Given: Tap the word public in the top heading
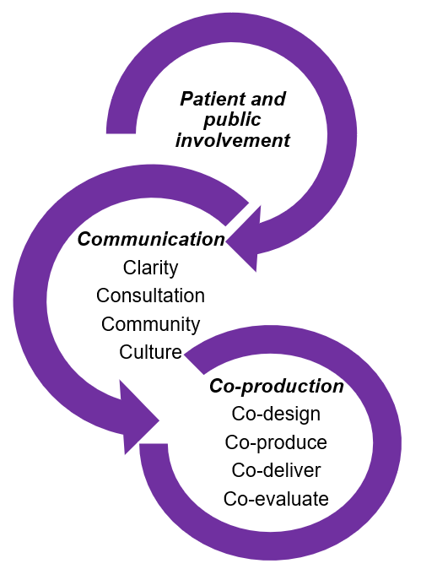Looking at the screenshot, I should (x=232, y=119).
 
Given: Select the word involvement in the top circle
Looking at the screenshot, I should (x=232, y=140).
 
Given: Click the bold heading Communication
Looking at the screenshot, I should (x=151, y=240).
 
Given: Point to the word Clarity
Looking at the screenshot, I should (x=150, y=268).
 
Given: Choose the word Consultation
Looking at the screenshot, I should (x=150, y=295).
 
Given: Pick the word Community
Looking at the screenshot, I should (x=150, y=323).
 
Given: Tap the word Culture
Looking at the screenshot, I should (x=150, y=351).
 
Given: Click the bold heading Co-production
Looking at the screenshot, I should (x=276, y=387).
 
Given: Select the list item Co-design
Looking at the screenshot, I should (x=276, y=415).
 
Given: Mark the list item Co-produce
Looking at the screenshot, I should (x=276, y=442).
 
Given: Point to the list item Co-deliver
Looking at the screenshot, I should (x=276, y=470).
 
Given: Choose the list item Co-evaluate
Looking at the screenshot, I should (x=276, y=498).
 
